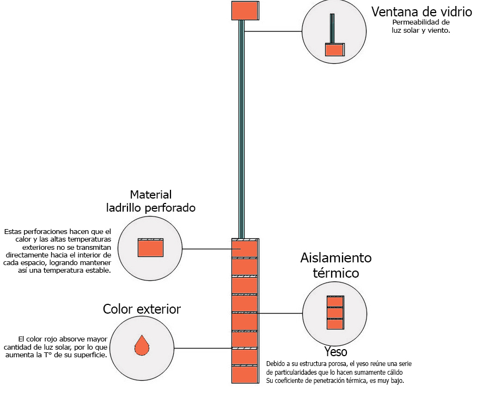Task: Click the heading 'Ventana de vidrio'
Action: click(421, 12)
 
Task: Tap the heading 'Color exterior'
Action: click(142, 310)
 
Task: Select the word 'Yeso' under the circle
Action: click(336, 352)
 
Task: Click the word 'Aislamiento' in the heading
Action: click(336, 258)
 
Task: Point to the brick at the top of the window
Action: click(245, 10)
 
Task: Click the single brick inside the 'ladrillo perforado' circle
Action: click(150, 248)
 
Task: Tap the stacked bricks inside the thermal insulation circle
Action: click(335, 313)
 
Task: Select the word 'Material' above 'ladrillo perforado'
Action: click(151, 195)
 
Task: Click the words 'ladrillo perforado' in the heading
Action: click(151, 208)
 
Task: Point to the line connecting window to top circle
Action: click(273, 32)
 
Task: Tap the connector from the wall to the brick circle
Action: click(207, 249)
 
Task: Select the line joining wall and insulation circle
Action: click(280, 314)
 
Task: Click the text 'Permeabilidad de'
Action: click(421, 23)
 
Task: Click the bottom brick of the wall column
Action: click(245, 374)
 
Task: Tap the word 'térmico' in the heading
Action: click(336, 273)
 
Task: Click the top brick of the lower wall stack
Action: click(245, 248)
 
